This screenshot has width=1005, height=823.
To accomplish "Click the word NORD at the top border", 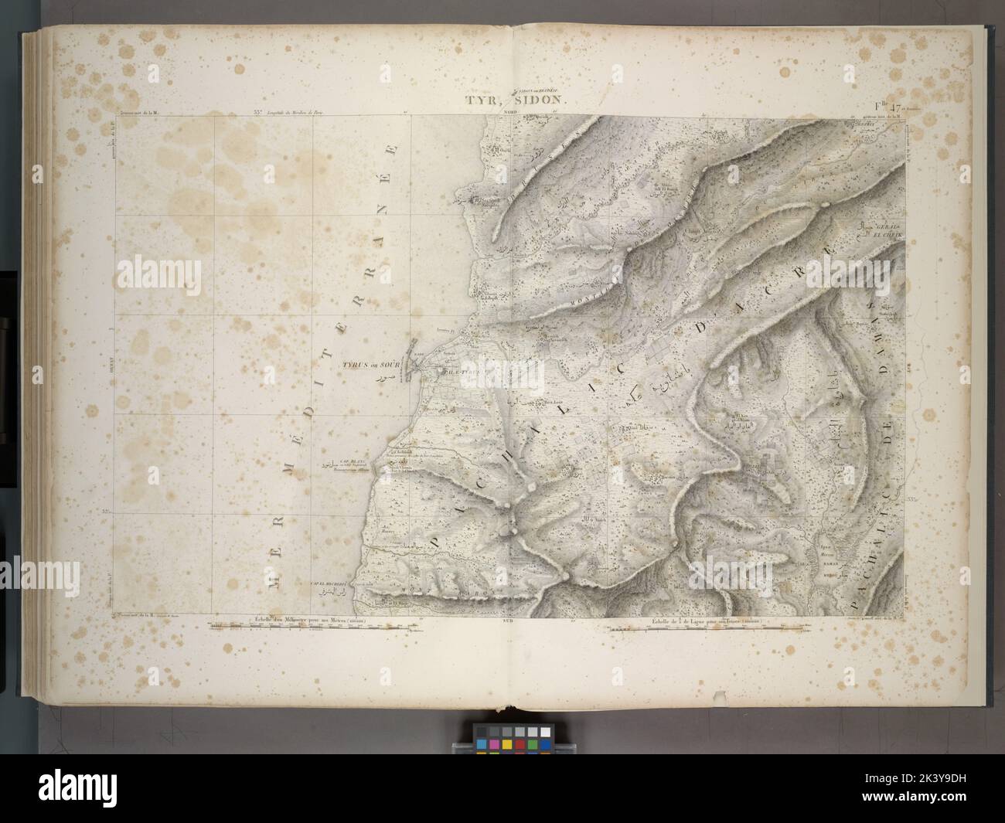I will pyautogui.click(x=511, y=113).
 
